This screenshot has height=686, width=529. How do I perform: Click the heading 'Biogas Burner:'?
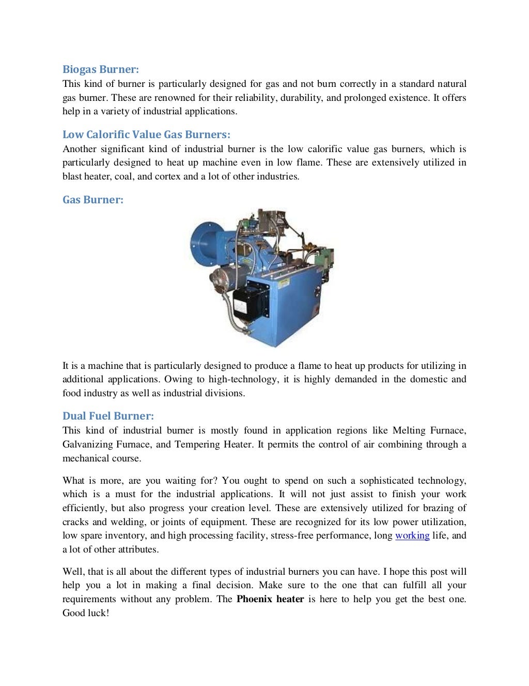(x=101, y=69)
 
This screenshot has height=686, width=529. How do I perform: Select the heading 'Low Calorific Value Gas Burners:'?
(x=146, y=135)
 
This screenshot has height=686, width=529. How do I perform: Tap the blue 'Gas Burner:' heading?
(x=93, y=200)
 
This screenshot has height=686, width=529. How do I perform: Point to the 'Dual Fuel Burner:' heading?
(x=108, y=416)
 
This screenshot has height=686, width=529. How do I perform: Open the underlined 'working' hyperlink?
(x=412, y=535)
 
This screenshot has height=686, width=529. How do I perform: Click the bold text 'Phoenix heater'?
(x=270, y=599)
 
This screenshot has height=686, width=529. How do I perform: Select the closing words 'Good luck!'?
(x=86, y=613)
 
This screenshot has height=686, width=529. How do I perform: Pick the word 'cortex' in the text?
(x=168, y=176)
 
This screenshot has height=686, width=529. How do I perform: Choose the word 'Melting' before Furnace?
(x=409, y=430)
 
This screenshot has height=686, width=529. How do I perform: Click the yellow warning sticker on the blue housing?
(x=283, y=282)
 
